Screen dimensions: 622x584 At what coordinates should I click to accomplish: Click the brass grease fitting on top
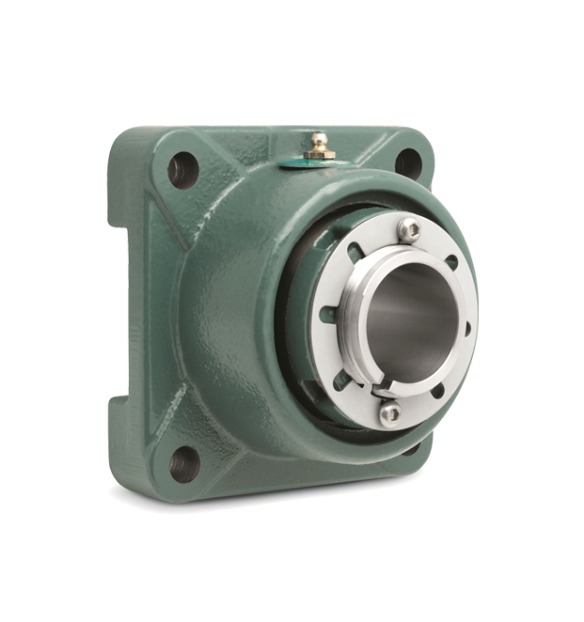point(320,146)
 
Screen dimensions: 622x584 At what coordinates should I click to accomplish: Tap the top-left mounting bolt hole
point(183,170)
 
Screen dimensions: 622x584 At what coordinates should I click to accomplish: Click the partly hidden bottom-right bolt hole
point(412,449)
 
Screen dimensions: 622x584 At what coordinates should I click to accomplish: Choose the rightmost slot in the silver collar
point(467,329)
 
